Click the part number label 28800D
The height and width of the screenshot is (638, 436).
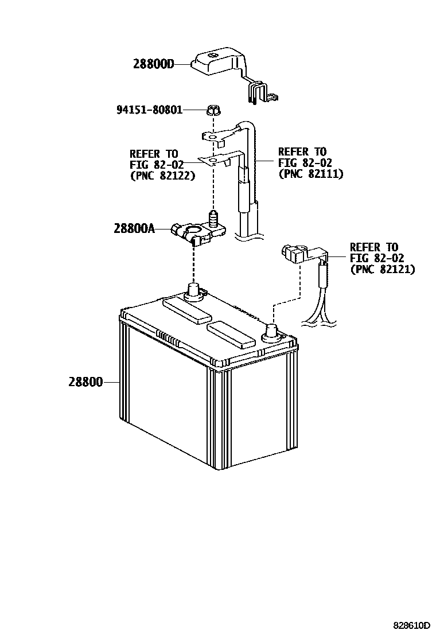pos(153,65)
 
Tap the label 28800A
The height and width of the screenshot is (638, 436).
pos(134,228)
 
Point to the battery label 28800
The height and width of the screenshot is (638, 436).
pos(86,382)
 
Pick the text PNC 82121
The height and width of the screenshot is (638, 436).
pos(383,269)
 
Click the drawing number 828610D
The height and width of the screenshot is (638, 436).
pos(411,625)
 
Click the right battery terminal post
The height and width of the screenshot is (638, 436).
pos(271,332)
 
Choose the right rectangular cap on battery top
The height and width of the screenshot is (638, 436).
pos(231,335)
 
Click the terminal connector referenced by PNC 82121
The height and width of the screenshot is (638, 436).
pos(294,253)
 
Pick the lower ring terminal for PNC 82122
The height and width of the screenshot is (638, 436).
pos(213,161)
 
